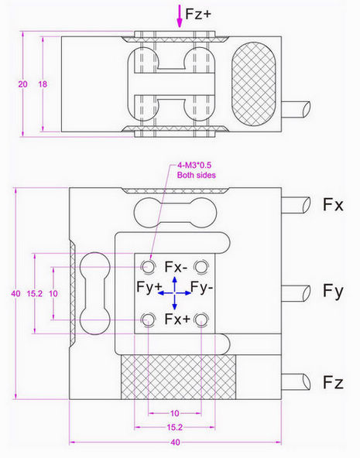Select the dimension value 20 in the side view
[x=22, y=84]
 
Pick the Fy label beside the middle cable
[x=333, y=292]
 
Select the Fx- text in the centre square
[x=176, y=267]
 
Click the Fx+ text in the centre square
[x=176, y=319]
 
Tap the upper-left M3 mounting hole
[x=147, y=267]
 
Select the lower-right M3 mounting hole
[x=202, y=318]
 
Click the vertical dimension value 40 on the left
[x=15, y=293]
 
